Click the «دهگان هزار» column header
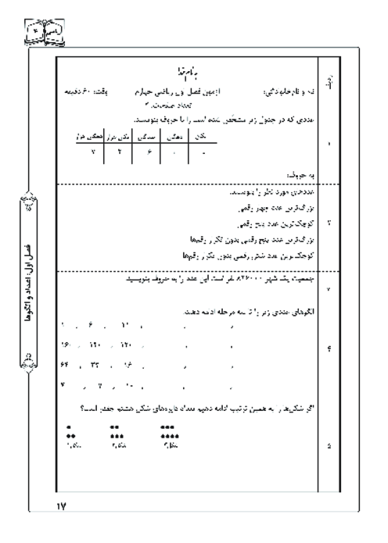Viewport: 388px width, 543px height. (92, 136)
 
